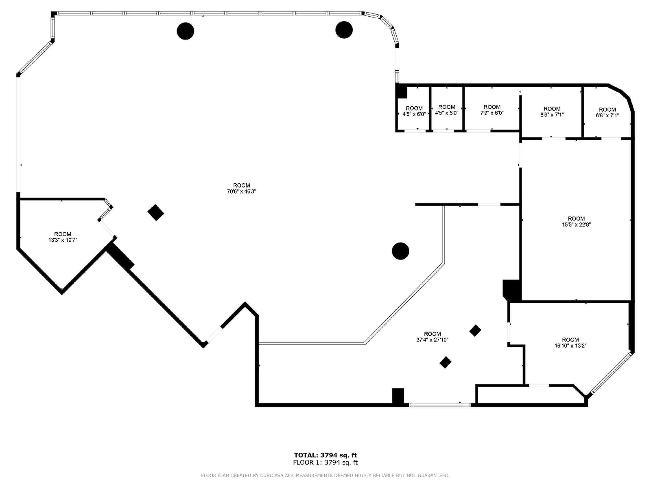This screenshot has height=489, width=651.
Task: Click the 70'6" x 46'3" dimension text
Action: [241, 191]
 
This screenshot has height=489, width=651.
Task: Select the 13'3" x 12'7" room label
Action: [63, 240]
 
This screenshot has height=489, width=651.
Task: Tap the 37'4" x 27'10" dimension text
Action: [432, 340]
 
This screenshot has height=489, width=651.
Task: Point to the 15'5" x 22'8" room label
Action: [576, 225]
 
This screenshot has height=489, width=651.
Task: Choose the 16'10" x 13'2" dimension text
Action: [570, 346]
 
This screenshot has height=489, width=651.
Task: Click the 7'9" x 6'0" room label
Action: [492, 113]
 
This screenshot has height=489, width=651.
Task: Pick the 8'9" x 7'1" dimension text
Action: [552, 115]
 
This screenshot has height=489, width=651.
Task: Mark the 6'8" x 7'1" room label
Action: [607, 116]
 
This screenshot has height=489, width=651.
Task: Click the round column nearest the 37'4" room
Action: [400, 251]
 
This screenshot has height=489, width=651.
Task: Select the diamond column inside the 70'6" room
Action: [156, 212]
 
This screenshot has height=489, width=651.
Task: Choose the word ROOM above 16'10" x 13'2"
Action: [570, 340]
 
